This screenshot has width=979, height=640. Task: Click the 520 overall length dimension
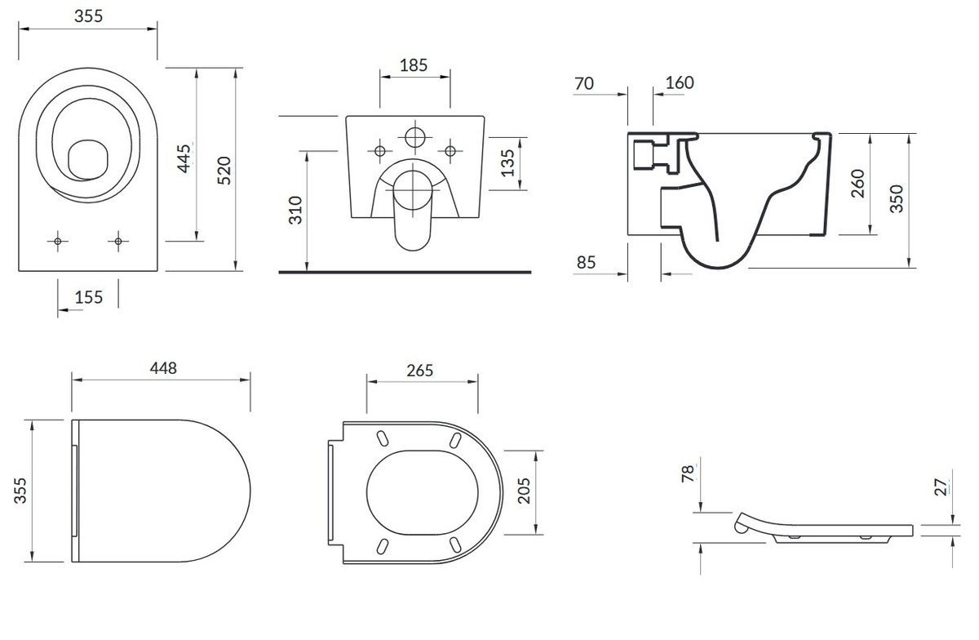tap(224, 171)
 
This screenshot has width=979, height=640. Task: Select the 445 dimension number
tap(184, 158)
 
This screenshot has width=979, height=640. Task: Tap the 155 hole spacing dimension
tap(89, 297)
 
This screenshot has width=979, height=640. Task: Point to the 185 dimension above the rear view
tap(414, 65)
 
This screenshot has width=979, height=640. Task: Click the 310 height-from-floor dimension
tap(296, 211)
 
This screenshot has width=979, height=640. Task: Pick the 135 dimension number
tap(507, 163)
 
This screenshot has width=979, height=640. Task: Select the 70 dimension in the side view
tap(584, 83)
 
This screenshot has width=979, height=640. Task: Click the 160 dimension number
tap(680, 82)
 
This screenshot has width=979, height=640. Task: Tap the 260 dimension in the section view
tap(858, 184)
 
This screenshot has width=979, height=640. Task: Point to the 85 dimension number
tap(586, 263)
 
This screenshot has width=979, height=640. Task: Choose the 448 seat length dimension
tap(163, 368)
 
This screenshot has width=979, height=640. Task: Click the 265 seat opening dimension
tap(419, 371)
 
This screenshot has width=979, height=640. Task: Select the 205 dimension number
tap(524, 491)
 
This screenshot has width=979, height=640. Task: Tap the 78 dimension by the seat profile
tap(688, 473)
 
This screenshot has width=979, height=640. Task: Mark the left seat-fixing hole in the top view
tap(58, 241)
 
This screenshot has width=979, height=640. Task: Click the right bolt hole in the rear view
tap(450, 151)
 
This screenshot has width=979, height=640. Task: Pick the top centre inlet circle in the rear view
tap(414, 137)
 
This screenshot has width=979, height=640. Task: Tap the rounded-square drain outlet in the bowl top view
tap(88, 160)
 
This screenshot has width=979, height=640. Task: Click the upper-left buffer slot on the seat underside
tap(382, 438)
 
